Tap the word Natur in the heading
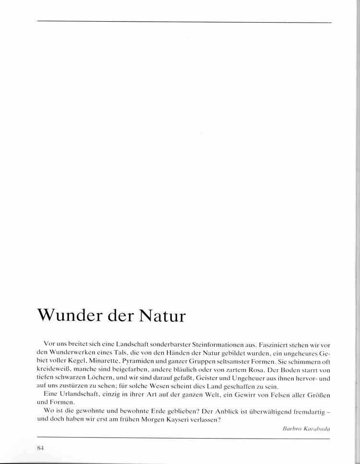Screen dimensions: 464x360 point(162,317)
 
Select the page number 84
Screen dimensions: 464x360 point(40,448)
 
